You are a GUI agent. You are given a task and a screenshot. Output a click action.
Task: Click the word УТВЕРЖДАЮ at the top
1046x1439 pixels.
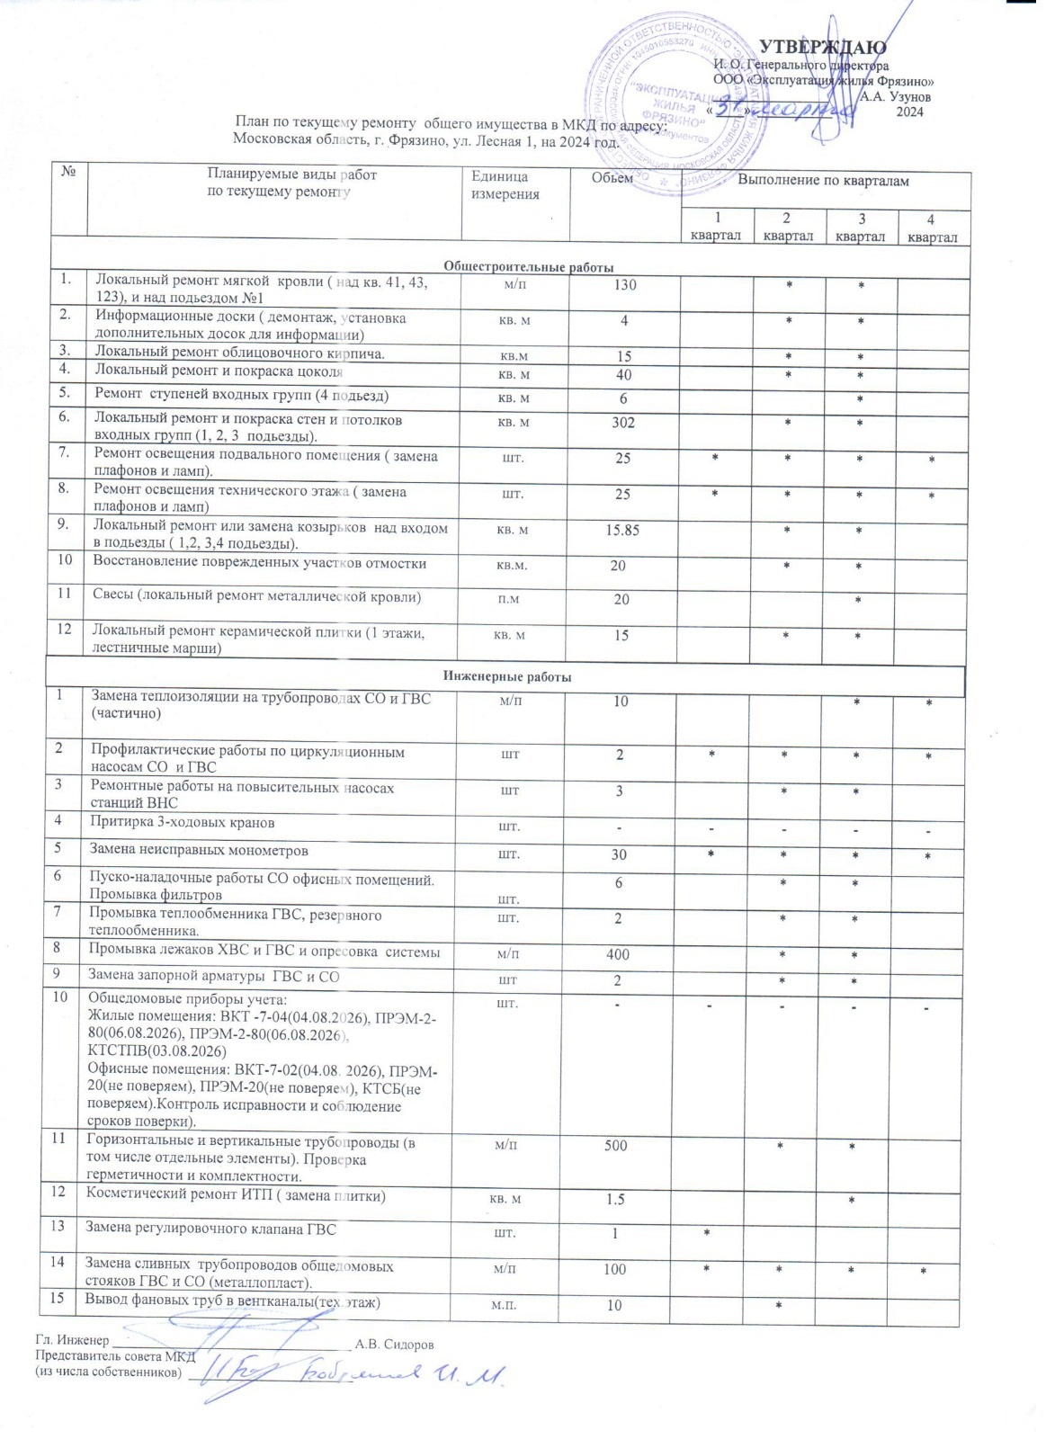[823, 48]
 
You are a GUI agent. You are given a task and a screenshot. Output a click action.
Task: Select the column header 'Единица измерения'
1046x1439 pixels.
[505, 185]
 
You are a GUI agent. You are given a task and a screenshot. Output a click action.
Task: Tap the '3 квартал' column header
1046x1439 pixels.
[861, 227]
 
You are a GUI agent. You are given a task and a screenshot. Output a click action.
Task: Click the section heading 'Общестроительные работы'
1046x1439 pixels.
[529, 267]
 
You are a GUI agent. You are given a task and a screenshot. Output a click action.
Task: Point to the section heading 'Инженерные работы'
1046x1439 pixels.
[507, 676]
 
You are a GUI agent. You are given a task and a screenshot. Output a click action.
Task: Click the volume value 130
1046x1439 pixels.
[624, 285]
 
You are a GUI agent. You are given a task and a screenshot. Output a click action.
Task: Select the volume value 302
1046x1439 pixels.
[623, 423]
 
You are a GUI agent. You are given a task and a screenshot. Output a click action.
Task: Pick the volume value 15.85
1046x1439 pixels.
[622, 531]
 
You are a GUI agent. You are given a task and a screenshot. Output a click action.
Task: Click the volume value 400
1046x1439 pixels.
[618, 954]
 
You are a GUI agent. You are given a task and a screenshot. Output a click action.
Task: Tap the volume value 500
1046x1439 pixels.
[616, 1146]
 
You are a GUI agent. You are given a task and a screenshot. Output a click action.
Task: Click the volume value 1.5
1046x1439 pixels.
[615, 1200]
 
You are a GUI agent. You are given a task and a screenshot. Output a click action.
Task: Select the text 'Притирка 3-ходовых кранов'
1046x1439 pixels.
[183, 822]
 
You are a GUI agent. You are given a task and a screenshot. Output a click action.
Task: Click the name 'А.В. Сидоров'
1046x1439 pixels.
[394, 1345]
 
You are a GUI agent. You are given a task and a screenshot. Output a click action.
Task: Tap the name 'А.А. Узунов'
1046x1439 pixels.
[896, 96]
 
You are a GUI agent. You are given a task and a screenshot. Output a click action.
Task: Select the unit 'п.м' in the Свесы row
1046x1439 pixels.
[508, 599]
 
